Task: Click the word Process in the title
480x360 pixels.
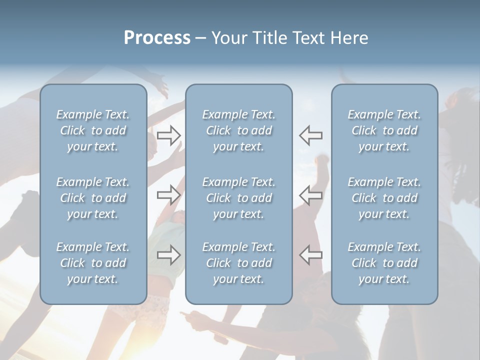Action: [x=157, y=38]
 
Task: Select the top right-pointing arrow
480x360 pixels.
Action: [x=168, y=135]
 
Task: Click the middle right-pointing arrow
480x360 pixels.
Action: [x=168, y=194]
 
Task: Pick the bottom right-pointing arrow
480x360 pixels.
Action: [x=168, y=254]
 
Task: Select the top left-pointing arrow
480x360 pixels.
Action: [x=311, y=135]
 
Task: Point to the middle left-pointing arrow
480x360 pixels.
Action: [x=311, y=194]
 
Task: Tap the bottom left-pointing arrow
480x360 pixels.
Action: [x=311, y=254]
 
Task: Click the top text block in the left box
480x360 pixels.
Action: [x=93, y=130]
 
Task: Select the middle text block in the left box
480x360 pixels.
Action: [x=93, y=198]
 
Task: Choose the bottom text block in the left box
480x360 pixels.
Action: [x=93, y=263]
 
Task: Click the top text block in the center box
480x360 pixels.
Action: [x=239, y=130]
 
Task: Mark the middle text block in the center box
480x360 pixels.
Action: [x=239, y=198]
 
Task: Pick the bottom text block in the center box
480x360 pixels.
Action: [x=239, y=263]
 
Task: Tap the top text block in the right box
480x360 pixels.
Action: [x=384, y=130]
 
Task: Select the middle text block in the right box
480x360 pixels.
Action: [x=384, y=198]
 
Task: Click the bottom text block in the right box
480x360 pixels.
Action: [x=384, y=263]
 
